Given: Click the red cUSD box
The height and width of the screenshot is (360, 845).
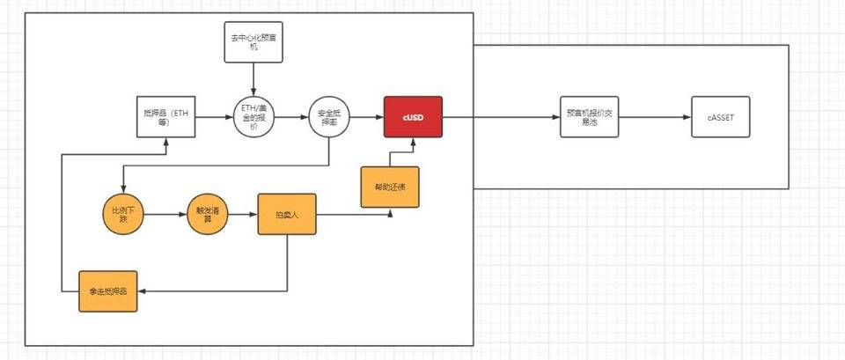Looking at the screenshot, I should pos(413,117).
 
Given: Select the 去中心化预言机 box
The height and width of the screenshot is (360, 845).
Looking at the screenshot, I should pos(253,40).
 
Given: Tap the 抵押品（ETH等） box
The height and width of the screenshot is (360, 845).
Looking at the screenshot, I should pos(165,117).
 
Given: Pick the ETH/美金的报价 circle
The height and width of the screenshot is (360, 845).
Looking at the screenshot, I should pos(254,117).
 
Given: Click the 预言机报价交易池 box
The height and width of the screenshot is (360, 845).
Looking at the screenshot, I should pos(590,117).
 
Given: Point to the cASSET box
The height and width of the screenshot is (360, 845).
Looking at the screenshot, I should pos(720,117).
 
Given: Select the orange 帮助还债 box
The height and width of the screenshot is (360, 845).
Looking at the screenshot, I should pos(389,186).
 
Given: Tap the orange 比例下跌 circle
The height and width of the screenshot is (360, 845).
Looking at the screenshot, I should pos(122,216).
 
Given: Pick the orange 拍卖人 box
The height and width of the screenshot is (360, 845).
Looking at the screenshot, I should pos(287,215).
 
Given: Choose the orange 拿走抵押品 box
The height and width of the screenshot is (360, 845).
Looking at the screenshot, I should pos(109,290).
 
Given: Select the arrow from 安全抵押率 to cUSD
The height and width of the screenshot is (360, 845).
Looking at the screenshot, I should pos(367,117).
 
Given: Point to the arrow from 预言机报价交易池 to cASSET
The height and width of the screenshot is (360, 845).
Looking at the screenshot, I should pos(655,117).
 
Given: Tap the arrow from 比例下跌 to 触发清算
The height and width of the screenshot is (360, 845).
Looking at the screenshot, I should pos(165,216).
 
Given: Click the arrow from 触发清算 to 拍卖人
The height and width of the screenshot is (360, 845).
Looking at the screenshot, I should pos(242,216).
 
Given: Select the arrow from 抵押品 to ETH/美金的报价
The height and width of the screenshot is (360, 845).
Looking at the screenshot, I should pos(214,117).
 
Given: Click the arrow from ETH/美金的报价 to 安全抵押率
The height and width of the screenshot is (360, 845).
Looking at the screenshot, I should pos(291,117).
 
